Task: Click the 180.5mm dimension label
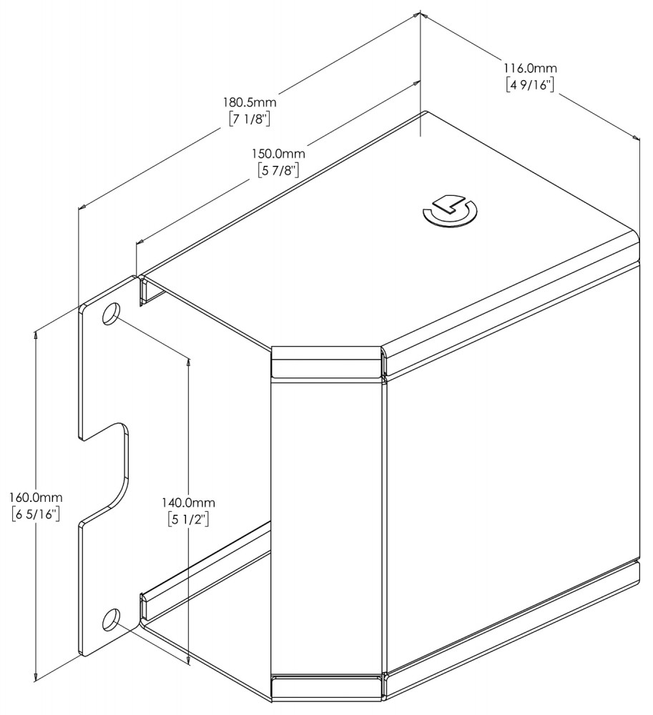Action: (250, 102)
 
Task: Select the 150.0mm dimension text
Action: (278, 153)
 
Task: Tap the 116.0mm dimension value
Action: (530, 68)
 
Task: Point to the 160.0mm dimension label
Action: (36, 497)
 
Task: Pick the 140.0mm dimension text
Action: (188, 503)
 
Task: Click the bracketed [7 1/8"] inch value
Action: (250, 119)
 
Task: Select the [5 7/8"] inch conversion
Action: (278, 171)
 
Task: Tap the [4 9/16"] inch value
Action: (530, 85)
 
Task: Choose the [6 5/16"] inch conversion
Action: (36, 514)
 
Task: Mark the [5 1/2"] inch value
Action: (188, 520)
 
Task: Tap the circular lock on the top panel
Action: (450, 211)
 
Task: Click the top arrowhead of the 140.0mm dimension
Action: (188, 360)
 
